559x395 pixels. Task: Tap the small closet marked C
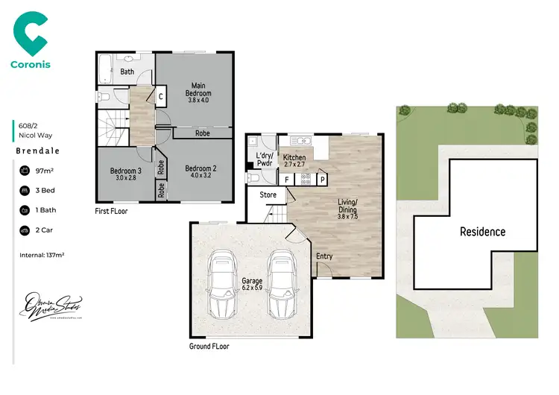[x=161, y=95]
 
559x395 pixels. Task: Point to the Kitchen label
[x=293, y=162]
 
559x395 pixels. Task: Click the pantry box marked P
[x=323, y=180]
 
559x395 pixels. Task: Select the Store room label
[x=268, y=195]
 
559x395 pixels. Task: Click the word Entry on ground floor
[x=325, y=256]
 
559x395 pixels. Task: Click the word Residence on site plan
[x=481, y=232]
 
